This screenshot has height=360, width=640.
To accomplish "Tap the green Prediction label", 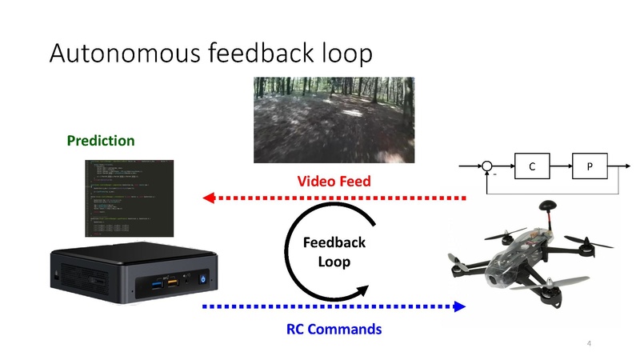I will pos(101,141).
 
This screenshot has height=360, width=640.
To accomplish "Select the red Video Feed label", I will pos(334,182).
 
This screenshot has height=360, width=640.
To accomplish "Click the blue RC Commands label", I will pos(334,329).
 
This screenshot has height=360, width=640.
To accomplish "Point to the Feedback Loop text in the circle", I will pos(335,252).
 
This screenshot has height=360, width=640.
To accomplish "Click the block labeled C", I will pos(531,166).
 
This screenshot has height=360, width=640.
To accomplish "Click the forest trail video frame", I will pos(334,120).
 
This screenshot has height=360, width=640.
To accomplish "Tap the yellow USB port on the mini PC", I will pos(173,281).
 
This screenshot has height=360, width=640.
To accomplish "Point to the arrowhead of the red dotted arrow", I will pos(207,198).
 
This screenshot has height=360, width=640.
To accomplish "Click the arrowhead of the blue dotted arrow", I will pos(460,306).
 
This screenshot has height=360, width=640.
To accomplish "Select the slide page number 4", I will pos(589,343).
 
